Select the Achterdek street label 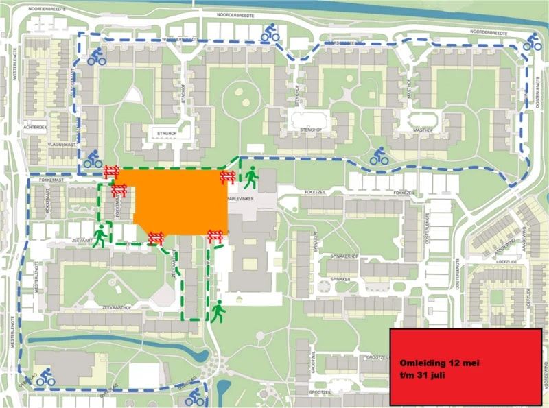click(x=36, y=128)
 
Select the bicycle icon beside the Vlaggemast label click(x=93, y=159)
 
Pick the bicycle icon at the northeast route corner click(x=532, y=43)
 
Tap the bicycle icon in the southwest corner click(x=46, y=375)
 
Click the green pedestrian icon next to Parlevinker click(x=251, y=178)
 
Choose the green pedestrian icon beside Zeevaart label click(x=100, y=235)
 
